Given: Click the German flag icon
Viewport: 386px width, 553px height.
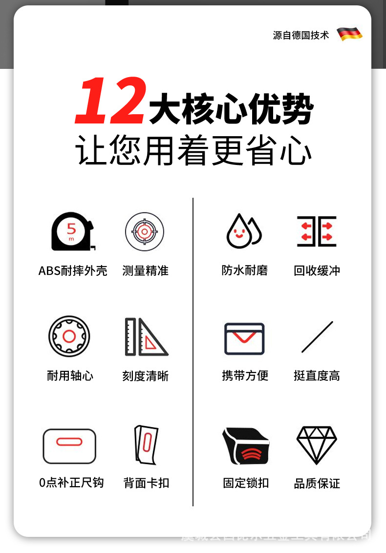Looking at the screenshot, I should tap(349, 34).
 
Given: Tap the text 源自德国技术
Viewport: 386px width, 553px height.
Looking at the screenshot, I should tap(301, 35).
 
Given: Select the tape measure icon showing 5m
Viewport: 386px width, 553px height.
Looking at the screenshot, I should tap(72, 231).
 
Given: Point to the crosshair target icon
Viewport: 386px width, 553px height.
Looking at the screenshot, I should tap(144, 231).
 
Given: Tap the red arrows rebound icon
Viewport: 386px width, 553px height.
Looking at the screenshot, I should tap(317, 231).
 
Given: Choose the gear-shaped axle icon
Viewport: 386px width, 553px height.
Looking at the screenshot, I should tap(69, 336).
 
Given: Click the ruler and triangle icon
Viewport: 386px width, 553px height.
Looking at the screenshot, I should tap(146, 337).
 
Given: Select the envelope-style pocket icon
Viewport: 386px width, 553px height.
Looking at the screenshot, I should tap(244, 338).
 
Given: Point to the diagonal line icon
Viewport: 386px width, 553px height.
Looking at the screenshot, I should tap(317, 337).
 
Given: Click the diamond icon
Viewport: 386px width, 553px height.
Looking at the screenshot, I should tap(317, 445).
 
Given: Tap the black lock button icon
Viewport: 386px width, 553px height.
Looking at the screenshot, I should tap(245, 446).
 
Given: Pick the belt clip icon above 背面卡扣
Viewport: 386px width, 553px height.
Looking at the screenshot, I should tap(146, 445).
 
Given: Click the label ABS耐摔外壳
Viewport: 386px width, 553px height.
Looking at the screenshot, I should tap(73, 271).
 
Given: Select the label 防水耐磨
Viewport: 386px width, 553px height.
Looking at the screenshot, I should tap(244, 270).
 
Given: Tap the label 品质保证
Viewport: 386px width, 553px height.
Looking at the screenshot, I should tap(317, 484).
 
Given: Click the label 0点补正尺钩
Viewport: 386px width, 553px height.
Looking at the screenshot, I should tap(71, 483).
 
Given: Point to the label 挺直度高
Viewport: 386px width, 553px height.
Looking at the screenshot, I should tap(317, 376).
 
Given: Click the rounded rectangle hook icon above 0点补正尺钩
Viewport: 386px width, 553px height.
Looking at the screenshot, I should tap(69, 446).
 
